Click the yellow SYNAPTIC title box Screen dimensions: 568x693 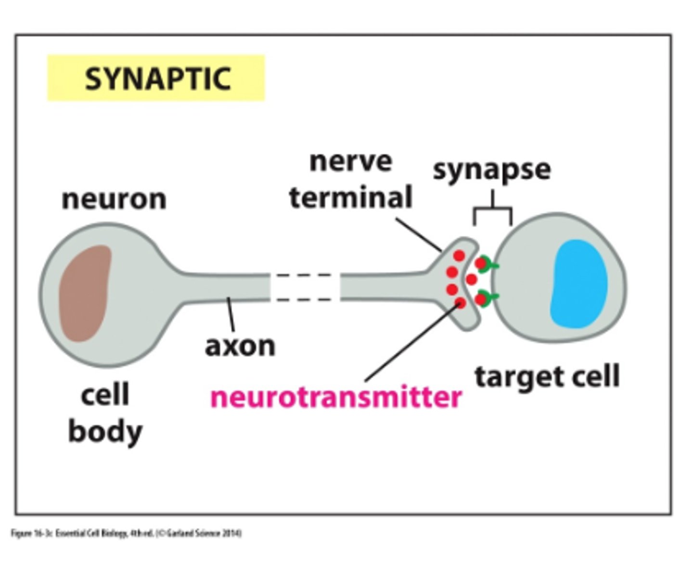click(156, 78)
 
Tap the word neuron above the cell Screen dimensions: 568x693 click(114, 199)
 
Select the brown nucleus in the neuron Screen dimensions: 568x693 click(85, 293)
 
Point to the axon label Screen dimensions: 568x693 click(240, 346)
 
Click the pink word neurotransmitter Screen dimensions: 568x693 click(336, 398)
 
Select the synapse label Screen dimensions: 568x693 click(491, 169)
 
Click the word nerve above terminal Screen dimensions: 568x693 click(350, 161)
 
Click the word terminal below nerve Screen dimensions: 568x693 click(350, 197)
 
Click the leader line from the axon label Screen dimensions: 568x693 click(231, 315)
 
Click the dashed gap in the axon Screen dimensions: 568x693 click(305, 287)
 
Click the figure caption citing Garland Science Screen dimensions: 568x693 click(126, 533)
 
